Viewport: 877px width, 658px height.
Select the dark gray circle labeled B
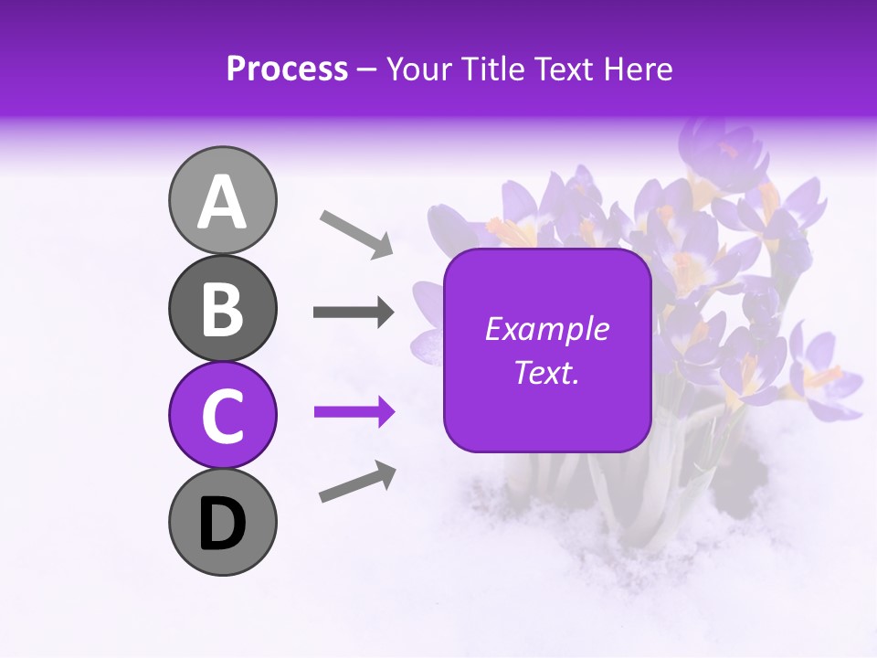pyautogui.click(x=222, y=308)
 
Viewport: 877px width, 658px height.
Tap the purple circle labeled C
pyautogui.click(x=222, y=415)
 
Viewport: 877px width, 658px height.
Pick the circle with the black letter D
pyautogui.click(x=222, y=522)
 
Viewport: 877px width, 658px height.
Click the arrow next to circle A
pyautogui.click(x=356, y=234)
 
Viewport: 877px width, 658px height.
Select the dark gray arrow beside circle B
pyautogui.click(x=354, y=313)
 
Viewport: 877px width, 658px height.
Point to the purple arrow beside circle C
pyautogui.click(x=354, y=412)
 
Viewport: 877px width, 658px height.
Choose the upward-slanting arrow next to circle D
pyautogui.click(x=357, y=482)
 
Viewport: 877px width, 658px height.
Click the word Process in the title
pyautogui.click(x=287, y=69)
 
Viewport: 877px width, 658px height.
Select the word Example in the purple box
pyautogui.click(x=546, y=329)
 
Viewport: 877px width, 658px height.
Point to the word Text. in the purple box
pyautogui.click(x=546, y=372)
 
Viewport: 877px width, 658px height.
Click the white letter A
pyautogui.click(x=222, y=202)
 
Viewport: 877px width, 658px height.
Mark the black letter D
pyautogui.click(x=222, y=524)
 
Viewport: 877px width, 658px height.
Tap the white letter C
pyautogui.click(x=222, y=417)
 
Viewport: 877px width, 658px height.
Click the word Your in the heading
pyautogui.click(x=419, y=69)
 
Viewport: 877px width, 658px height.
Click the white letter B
pyautogui.click(x=222, y=310)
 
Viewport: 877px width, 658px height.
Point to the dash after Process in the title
pyautogui.click(x=367, y=70)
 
